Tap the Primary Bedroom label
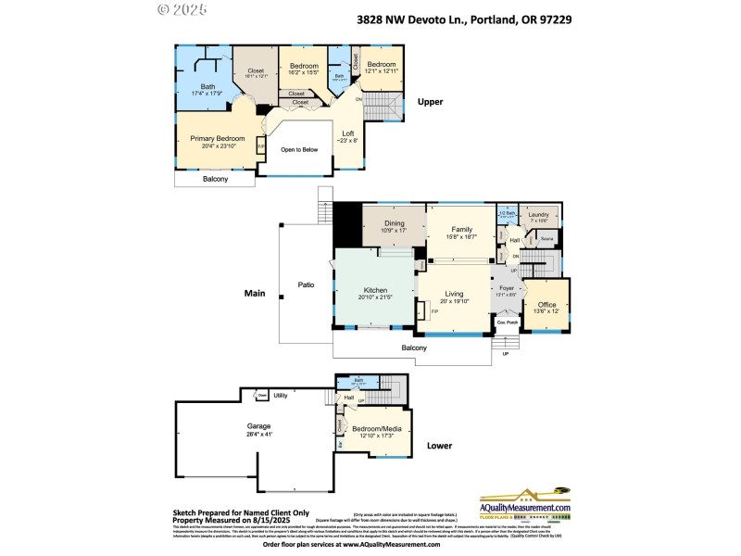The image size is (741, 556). [211, 138]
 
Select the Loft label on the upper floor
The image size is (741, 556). [348, 133]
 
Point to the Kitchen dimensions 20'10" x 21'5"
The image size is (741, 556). [376, 297]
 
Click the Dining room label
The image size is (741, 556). [395, 223]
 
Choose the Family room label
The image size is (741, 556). [462, 229]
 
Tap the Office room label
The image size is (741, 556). [546, 305]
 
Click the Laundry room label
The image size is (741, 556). [539, 215]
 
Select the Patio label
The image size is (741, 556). [308, 284]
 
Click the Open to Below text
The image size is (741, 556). [299, 149]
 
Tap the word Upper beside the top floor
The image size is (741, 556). [431, 102]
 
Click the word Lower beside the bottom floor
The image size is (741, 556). [439, 446]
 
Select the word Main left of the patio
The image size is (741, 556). [255, 294]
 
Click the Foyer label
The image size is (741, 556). [507, 288]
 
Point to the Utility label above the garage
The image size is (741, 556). [281, 396]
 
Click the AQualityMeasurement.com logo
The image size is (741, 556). [523, 506]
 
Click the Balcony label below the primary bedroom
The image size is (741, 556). [215, 179]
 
